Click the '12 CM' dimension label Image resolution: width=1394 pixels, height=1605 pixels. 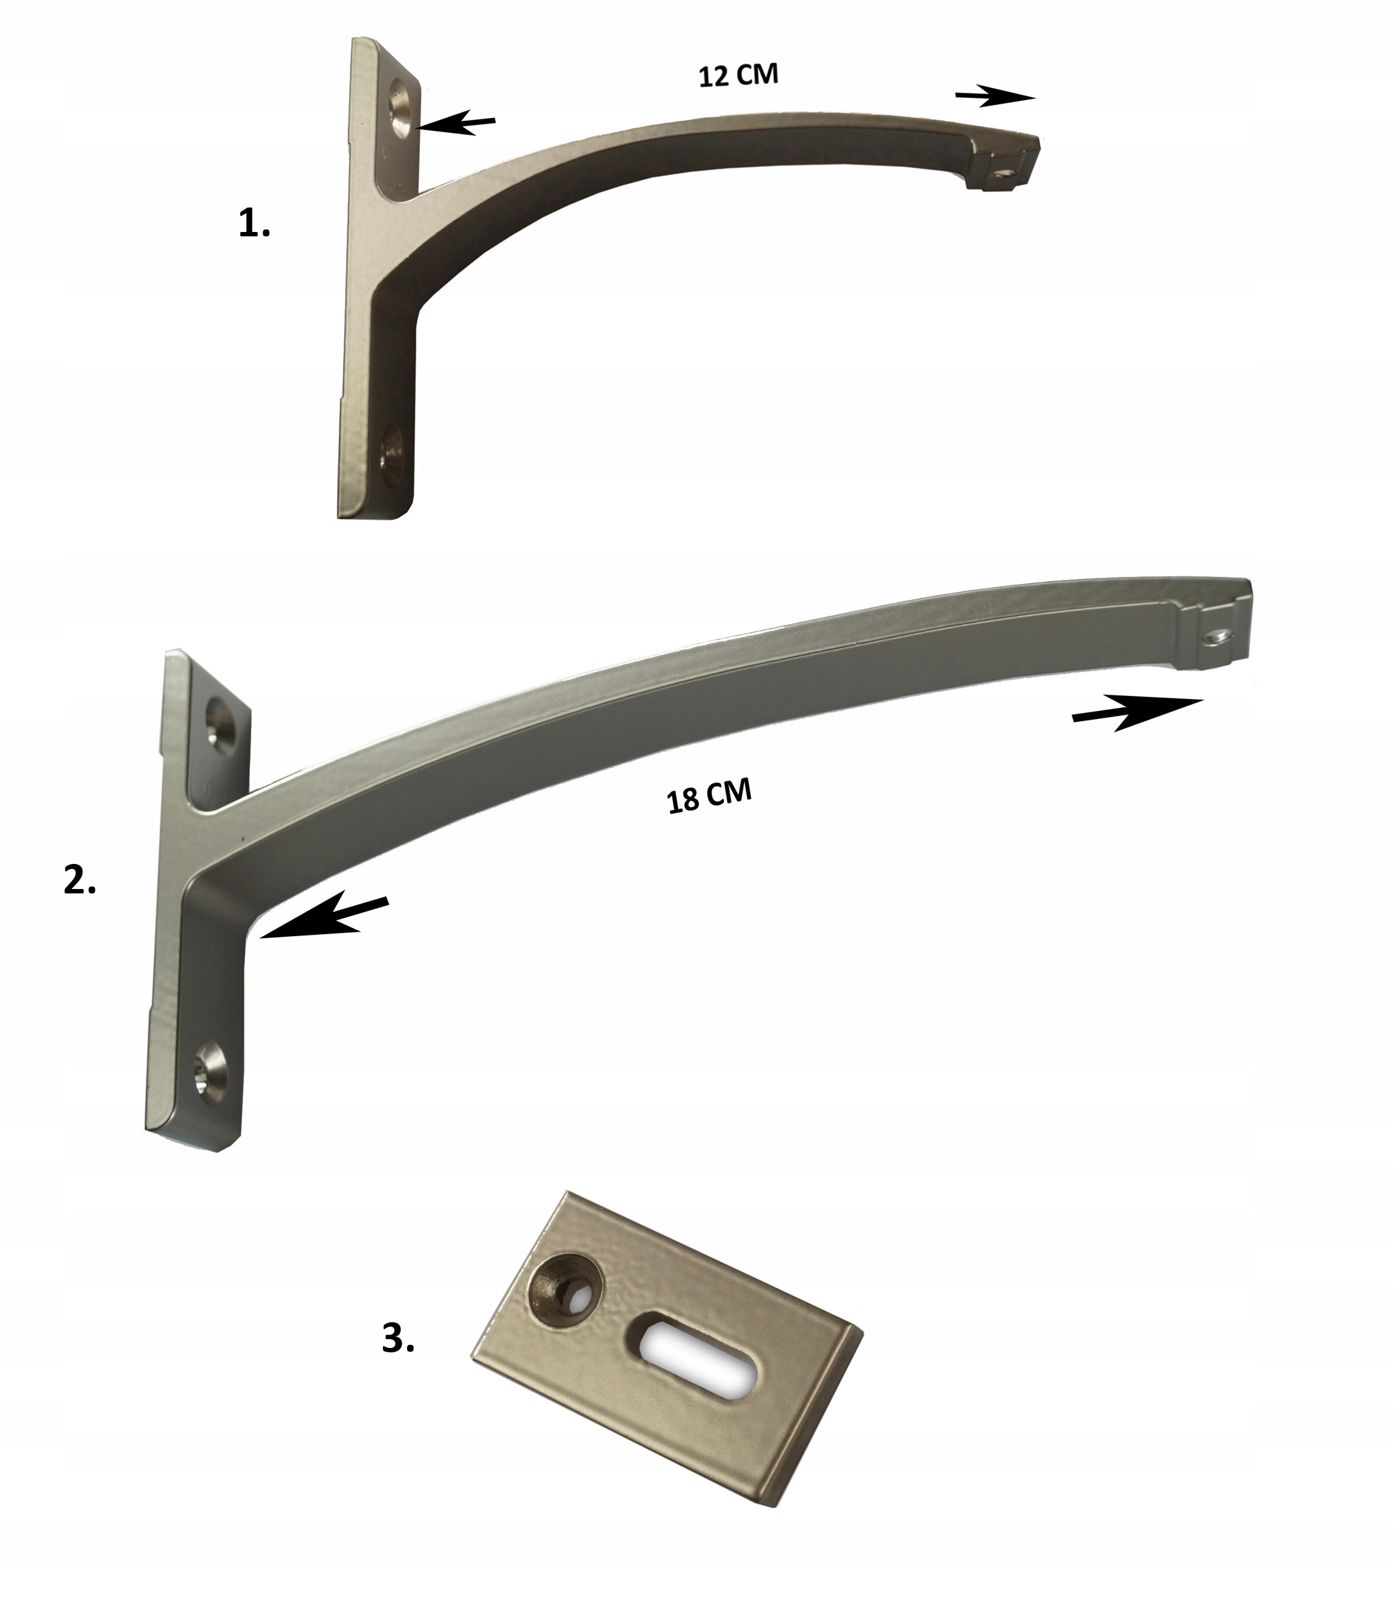pyautogui.click(x=738, y=75)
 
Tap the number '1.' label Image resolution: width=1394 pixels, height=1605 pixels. pyautogui.click(x=254, y=224)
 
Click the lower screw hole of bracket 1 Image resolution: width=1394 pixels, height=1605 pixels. pyautogui.click(x=391, y=452)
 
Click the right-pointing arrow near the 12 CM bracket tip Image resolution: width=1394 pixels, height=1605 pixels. pyautogui.click(x=994, y=97)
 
